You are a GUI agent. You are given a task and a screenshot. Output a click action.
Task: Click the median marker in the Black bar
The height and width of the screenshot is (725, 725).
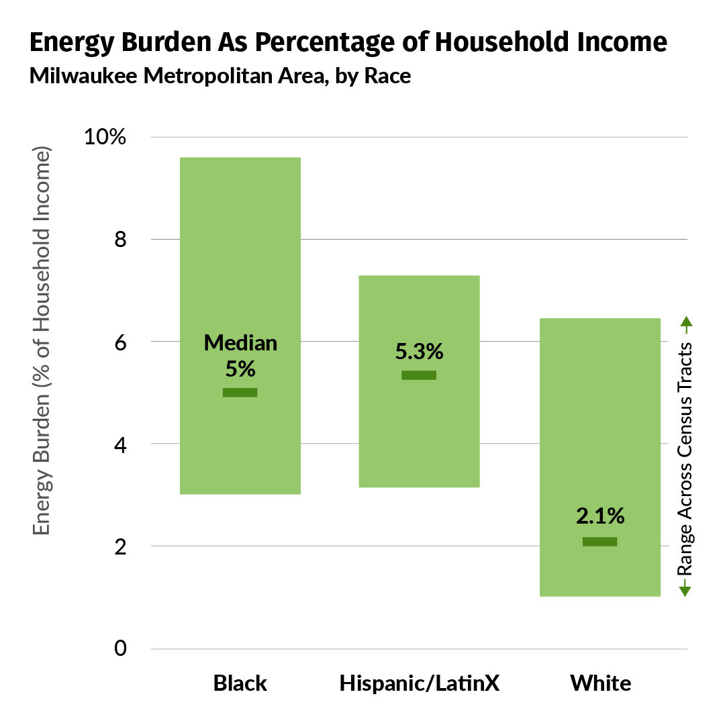click(x=240, y=393)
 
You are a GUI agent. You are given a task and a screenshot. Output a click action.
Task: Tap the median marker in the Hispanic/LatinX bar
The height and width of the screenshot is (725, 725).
click(x=419, y=375)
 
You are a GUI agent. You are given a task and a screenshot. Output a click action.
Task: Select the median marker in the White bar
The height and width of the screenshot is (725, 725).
click(x=599, y=542)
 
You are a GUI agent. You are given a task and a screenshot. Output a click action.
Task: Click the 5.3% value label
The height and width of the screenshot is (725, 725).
click(x=419, y=352)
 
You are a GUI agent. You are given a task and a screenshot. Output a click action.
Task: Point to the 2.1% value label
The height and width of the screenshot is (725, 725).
click(x=600, y=516)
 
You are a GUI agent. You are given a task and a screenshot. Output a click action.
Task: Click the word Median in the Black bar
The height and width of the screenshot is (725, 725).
click(x=240, y=343)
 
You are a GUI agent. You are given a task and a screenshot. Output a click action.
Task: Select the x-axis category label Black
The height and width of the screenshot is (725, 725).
click(x=240, y=683)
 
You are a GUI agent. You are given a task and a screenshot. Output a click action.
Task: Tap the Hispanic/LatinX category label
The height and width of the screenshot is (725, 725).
click(x=420, y=683)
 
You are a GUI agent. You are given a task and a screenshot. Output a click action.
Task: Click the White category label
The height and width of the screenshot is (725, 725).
click(x=600, y=683)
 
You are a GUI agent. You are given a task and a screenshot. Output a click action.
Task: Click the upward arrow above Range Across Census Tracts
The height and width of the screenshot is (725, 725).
click(x=685, y=326)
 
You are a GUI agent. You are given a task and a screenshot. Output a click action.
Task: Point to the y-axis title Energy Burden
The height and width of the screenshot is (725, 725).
click(x=42, y=470)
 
